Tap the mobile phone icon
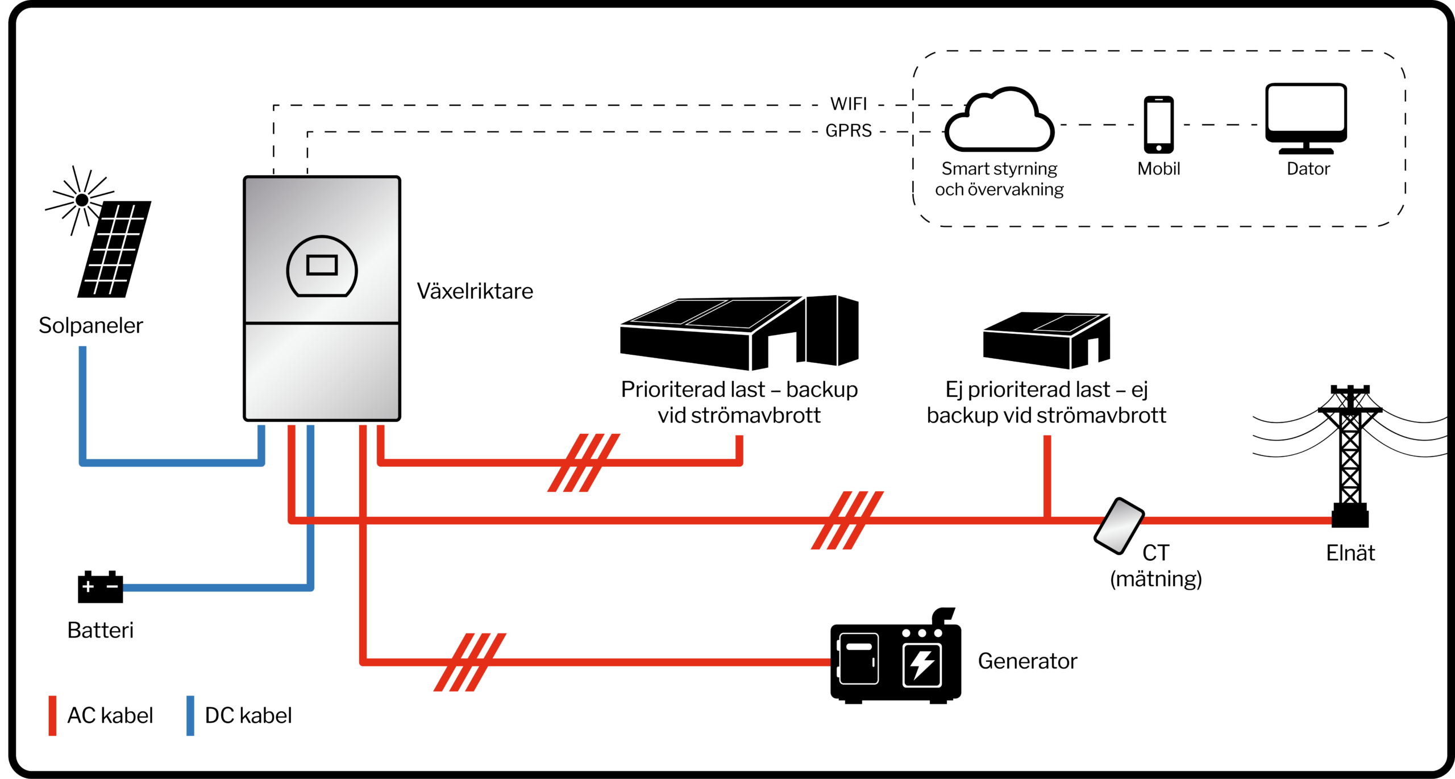[1159, 125]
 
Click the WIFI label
[849, 104]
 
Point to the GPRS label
[849, 131]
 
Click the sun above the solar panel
[82, 200]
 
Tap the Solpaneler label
[91, 325]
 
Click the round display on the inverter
[322, 266]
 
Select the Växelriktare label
[475, 291]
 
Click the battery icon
[100, 587]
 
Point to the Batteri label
[100, 630]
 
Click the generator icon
[895, 660]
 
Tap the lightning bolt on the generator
[922, 664]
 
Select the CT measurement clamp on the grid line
[1119, 525]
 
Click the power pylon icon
[1350, 455]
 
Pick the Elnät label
[1350, 553]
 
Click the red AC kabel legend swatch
[52, 715]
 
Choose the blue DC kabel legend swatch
[190, 715]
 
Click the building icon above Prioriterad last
[739, 333]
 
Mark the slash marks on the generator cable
[469, 662]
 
